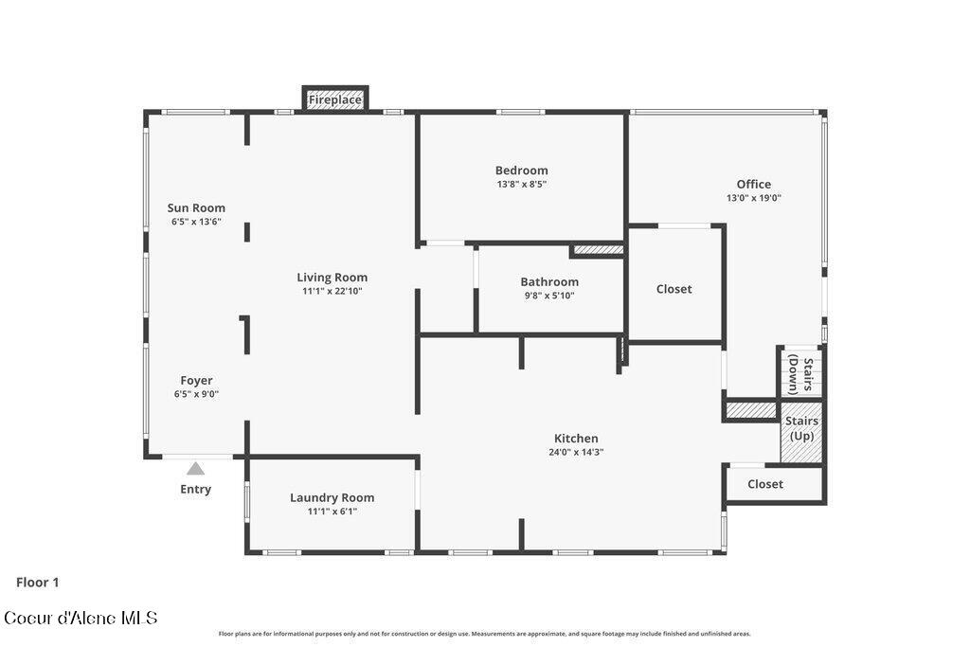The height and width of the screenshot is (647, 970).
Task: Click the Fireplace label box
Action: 335,99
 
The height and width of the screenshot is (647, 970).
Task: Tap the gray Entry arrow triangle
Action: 195,468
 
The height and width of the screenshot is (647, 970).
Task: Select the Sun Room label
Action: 196,208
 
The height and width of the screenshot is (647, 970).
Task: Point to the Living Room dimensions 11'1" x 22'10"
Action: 332,292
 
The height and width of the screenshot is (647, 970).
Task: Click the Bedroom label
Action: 521,171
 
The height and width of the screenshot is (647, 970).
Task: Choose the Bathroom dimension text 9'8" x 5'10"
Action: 548,296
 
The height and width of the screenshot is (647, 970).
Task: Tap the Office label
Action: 754,185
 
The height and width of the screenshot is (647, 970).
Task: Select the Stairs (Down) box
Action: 801,372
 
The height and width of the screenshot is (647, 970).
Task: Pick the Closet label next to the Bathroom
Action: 674,289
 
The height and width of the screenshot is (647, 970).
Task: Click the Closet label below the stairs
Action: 765,484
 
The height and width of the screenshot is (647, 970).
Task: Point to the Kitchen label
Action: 576,439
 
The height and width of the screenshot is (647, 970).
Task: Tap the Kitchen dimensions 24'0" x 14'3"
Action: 576,453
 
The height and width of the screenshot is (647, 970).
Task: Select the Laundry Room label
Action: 332,497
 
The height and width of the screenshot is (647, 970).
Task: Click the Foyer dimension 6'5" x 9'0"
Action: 196,394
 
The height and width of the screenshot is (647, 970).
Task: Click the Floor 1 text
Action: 38,583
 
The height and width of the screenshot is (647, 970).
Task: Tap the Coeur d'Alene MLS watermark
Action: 81,619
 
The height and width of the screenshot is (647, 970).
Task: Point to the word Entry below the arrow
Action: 195,490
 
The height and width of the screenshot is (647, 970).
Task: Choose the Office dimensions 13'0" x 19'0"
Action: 754,199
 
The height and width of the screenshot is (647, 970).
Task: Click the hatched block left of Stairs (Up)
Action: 751,411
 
